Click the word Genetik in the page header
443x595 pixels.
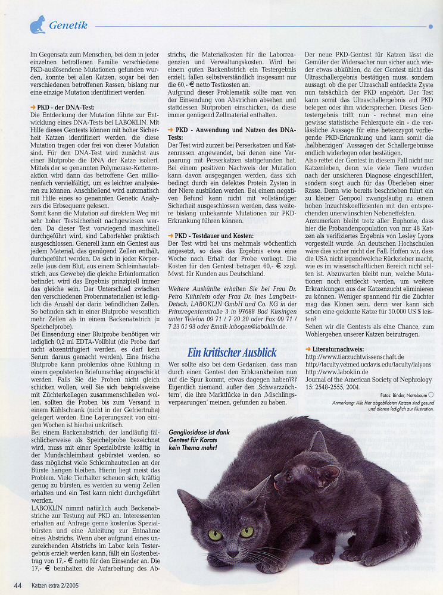tap(68, 25)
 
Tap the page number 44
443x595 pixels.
tap(18, 585)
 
